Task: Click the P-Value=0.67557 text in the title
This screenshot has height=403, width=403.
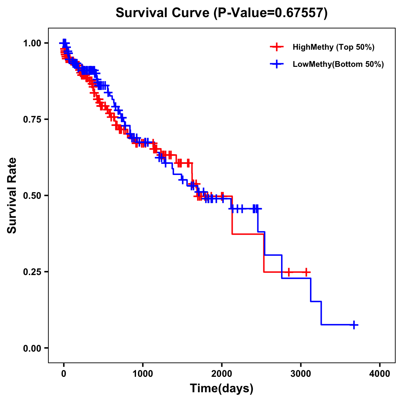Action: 270,13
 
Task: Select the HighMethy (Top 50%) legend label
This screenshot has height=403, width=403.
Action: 333,47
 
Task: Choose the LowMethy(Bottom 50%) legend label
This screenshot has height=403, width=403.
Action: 338,64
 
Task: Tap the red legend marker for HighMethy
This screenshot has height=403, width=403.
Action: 276,47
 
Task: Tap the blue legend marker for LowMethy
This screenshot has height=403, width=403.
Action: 276,64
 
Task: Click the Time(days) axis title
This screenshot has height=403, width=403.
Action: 222,389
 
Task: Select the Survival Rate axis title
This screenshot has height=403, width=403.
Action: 12,195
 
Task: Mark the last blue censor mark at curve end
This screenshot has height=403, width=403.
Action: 354,325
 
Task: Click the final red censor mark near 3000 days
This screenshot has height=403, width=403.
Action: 306,272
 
